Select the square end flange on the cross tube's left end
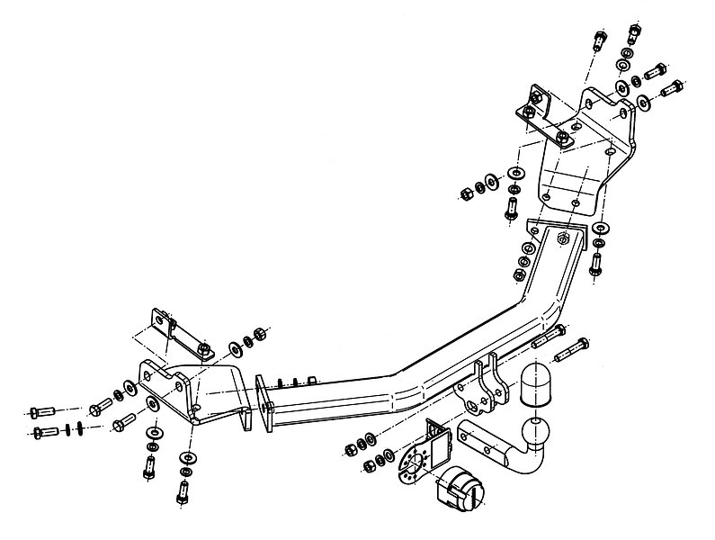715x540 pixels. click(262, 405)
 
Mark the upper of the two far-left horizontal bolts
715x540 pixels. click(40, 412)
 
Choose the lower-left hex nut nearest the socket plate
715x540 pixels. click(371, 467)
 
